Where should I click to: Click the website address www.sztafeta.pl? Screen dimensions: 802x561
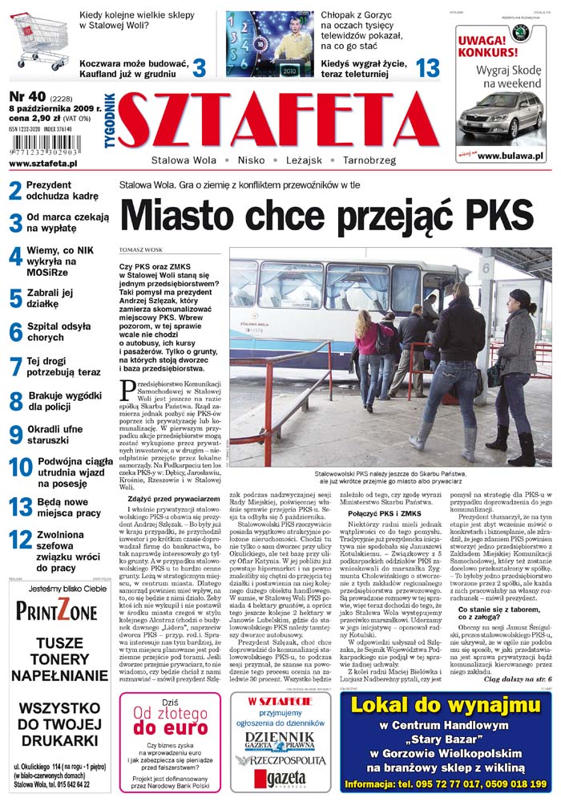coord(43,163)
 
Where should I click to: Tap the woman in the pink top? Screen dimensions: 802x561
coord(369,345)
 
